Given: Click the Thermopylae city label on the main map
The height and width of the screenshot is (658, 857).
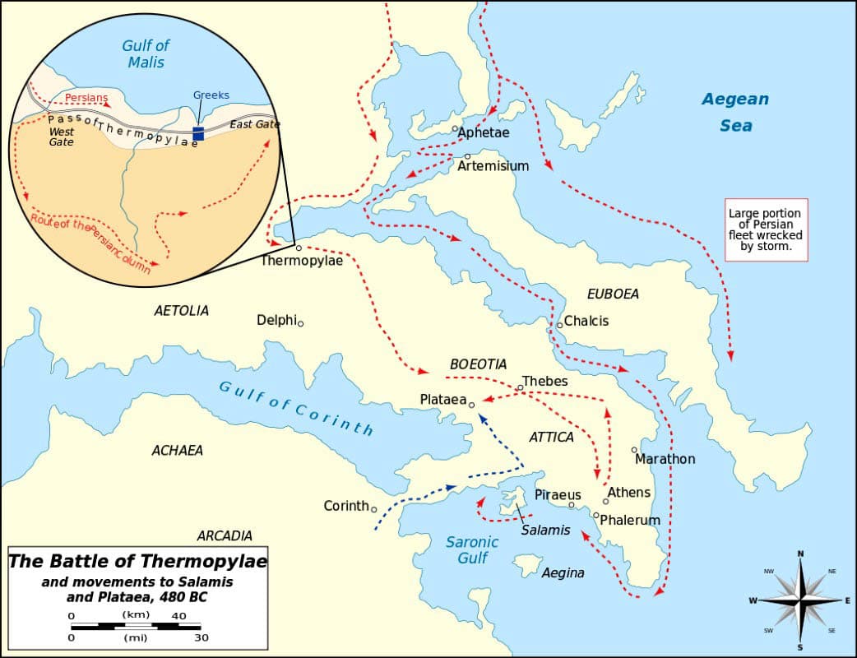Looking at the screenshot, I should (301, 261).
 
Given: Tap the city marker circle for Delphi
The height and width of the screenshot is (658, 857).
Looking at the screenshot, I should (300, 323).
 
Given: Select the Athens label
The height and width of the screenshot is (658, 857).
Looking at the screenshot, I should (628, 493).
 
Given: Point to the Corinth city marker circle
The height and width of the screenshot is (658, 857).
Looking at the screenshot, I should (374, 509).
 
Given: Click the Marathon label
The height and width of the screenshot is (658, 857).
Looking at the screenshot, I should (665, 459).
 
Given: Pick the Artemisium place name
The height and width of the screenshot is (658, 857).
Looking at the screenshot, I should (493, 166).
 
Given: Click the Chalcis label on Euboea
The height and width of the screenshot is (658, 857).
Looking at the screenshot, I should (586, 321).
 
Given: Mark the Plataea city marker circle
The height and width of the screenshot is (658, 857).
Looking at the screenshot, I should (472, 405).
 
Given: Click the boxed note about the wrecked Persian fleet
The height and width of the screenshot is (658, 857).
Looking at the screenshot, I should (765, 229).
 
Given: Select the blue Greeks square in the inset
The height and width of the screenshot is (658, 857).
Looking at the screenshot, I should (197, 133).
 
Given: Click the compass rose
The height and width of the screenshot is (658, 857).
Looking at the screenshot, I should (800, 600).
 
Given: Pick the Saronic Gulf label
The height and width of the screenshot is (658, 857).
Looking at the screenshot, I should (471, 549).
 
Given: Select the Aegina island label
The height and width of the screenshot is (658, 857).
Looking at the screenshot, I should (563, 572).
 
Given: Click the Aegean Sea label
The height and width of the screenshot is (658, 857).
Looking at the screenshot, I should (734, 112).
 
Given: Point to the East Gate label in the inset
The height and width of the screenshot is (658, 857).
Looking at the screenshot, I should (254, 124).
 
